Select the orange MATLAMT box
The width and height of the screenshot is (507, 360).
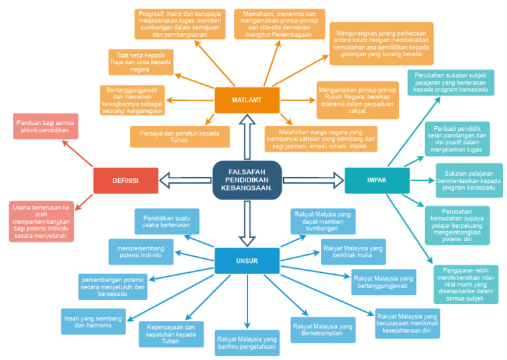tap(247, 100)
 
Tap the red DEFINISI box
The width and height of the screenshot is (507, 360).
tap(125, 180)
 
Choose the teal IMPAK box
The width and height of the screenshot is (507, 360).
tap(377, 180)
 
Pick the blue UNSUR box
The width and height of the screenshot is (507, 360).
tap(247, 260)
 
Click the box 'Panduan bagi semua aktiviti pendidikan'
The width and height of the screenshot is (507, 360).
tap(45, 126)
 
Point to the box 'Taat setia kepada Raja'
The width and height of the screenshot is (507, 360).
tap(141, 62)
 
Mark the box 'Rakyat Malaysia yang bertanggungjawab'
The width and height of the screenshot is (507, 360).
tap(384, 282)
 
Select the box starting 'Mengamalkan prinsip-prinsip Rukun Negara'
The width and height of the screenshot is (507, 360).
tap(357, 100)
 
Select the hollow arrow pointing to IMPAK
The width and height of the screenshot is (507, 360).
tap(314, 180)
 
